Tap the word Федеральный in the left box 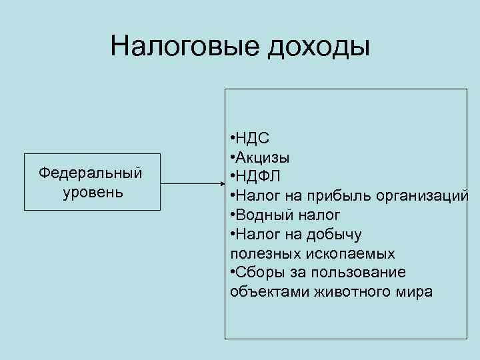pyautogui.click(x=91, y=173)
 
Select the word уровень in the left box pyautogui.click(x=91, y=193)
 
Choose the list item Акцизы pyautogui.click(x=262, y=158)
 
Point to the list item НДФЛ pyautogui.click(x=257, y=177)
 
